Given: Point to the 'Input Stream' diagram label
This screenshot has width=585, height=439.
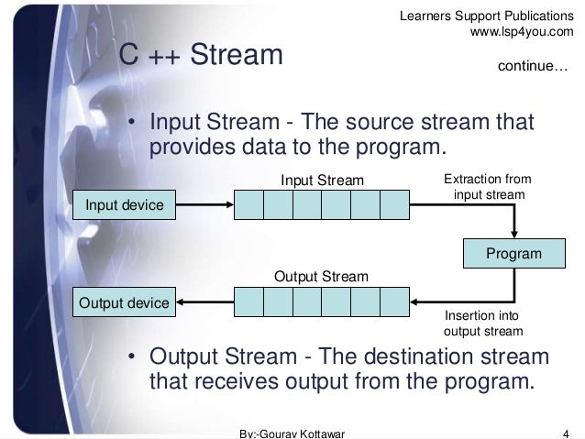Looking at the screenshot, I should [x=322, y=179].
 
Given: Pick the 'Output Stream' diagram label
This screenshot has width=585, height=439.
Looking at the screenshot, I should [x=322, y=275].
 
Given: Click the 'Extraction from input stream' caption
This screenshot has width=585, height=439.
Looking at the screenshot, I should [x=487, y=187].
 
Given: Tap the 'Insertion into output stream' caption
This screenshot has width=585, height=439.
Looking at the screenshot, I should [x=482, y=323].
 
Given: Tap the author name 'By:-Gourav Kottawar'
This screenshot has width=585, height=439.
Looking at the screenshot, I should [x=291, y=432].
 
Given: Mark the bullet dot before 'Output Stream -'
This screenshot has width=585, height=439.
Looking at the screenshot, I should [x=132, y=357].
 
